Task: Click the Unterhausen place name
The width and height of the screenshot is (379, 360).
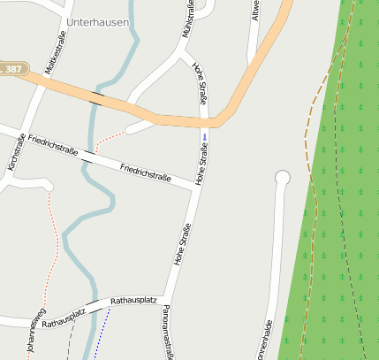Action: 97,22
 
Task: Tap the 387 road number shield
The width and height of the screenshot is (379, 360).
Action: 12,68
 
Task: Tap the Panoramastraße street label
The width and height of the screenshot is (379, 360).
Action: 166,332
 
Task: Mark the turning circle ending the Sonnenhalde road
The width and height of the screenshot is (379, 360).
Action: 283,179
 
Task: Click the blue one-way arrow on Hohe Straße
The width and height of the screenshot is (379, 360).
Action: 204,137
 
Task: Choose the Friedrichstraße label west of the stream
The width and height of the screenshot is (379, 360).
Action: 52,145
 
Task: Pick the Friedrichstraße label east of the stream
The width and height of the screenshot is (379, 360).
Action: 145,172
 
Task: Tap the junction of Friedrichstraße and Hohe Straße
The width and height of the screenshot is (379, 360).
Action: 195,187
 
